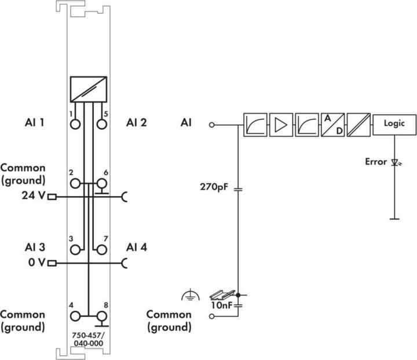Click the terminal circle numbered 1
click(75, 125)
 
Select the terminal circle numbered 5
click(101, 125)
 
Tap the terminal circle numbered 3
click(75, 250)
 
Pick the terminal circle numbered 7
click(101, 250)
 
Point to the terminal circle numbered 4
click(75, 317)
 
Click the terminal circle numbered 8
click(101, 317)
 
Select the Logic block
click(394, 125)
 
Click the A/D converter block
click(332, 125)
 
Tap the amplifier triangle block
click(281, 125)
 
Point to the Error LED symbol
click(396, 162)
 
